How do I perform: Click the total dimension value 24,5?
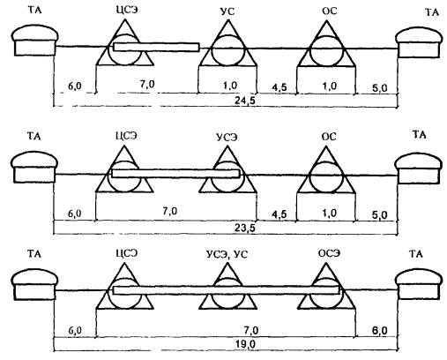tap(245, 101)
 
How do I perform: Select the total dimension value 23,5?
tap(245, 228)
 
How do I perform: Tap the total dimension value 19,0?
tap(245, 344)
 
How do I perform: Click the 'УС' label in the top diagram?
tap(227, 12)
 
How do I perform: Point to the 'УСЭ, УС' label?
tap(227, 254)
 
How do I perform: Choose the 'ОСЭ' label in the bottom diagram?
tap(329, 253)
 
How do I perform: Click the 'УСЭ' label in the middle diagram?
tap(227, 138)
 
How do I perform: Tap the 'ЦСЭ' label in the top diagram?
tap(126, 10)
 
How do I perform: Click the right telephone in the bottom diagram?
tap(419, 285)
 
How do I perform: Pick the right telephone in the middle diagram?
tap(419, 169)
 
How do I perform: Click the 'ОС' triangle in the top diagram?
tap(326, 43)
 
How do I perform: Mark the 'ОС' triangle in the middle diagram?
tap(326, 170)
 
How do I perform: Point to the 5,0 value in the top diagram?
tap(379, 88)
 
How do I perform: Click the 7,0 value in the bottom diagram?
tap(251, 331)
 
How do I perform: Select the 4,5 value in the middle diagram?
tap(279, 214)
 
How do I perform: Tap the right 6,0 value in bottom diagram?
tap(379, 331)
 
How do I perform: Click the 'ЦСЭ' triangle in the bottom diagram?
tap(125, 286)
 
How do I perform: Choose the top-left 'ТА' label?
tap(35, 11)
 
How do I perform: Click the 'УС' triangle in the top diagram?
tap(227, 43)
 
